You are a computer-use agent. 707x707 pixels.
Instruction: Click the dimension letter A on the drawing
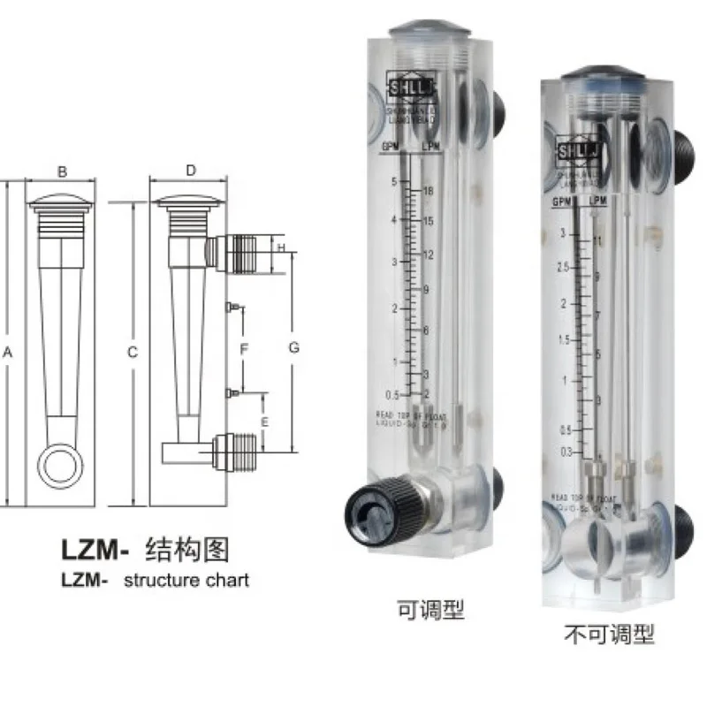(x=7, y=352)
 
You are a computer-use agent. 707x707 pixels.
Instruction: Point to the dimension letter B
(x=62, y=173)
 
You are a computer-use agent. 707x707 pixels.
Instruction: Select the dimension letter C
(x=132, y=352)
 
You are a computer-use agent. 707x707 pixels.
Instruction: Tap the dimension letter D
(x=191, y=173)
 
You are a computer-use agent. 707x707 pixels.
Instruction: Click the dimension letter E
(x=265, y=422)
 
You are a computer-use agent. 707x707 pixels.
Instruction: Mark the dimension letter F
(x=245, y=350)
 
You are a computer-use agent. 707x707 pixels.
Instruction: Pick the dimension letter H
(x=280, y=248)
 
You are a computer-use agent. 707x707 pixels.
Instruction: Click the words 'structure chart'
(x=186, y=581)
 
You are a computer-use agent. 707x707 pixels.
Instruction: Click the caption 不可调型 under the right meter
(x=609, y=634)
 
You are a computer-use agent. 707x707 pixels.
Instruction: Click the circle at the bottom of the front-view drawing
(x=61, y=463)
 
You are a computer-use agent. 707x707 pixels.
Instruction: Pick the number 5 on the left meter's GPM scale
(x=394, y=181)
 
